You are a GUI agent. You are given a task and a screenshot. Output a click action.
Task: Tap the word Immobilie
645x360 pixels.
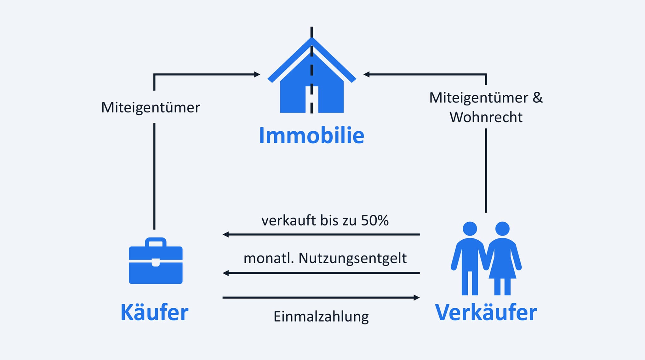click(x=311, y=136)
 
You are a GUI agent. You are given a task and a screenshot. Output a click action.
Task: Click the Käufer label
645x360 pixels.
click(x=154, y=312)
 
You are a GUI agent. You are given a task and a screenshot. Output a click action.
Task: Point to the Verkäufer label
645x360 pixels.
click(x=486, y=312)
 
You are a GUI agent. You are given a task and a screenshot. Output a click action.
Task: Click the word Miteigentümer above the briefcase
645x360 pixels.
click(x=150, y=107)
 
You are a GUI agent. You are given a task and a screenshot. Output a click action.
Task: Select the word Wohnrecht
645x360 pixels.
click(x=486, y=117)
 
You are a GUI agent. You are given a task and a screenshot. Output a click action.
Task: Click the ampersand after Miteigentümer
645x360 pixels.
click(x=538, y=97)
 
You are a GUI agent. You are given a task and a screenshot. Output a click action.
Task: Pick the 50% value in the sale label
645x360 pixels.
click(x=375, y=220)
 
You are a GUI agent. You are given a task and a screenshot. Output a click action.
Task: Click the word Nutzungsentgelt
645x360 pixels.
click(x=352, y=258)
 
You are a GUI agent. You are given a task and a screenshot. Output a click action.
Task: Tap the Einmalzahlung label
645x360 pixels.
click(x=321, y=317)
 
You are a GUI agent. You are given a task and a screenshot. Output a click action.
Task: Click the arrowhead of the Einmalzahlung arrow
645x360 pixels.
click(x=417, y=297)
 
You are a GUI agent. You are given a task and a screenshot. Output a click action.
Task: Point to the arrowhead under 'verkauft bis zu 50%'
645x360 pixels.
click(x=225, y=234)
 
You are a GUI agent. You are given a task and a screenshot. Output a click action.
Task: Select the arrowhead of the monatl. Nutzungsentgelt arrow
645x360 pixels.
click(x=225, y=273)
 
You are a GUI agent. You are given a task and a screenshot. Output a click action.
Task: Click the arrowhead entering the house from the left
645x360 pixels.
click(x=257, y=74)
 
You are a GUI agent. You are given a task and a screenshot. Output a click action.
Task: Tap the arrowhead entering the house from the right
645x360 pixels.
click(x=366, y=74)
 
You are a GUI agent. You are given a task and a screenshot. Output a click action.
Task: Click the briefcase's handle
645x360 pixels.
click(x=156, y=243)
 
